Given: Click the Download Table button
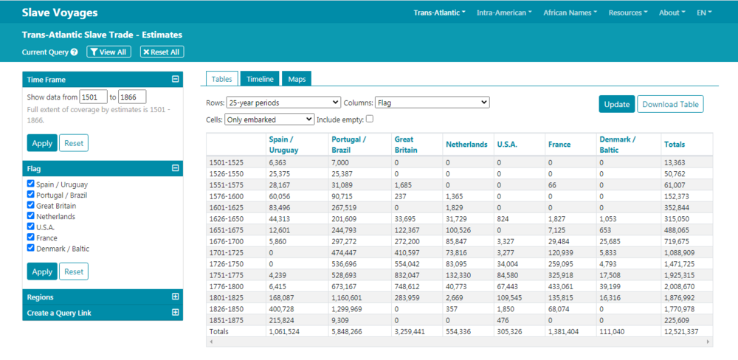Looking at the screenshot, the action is click(670, 105).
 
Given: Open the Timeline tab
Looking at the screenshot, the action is click(260, 79).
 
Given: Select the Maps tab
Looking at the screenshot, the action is click(297, 79).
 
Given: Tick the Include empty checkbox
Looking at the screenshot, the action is click(370, 119).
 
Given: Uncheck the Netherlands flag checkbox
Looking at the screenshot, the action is click(31, 216).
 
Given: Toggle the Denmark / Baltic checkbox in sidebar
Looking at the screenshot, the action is click(31, 248).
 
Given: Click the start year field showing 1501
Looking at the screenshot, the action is click(94, 97).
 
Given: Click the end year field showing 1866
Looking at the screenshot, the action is click(132, 97).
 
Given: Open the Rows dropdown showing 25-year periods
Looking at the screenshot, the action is click(283, 102).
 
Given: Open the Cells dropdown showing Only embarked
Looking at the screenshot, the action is click(269, 120).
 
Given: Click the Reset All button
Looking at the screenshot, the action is click(162, 52).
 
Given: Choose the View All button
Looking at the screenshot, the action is click(108, 52).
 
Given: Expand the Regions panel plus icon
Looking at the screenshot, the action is click(176, 297).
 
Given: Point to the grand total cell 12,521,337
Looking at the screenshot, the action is click(681, 331).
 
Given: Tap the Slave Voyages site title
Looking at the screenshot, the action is click(60, 13).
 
